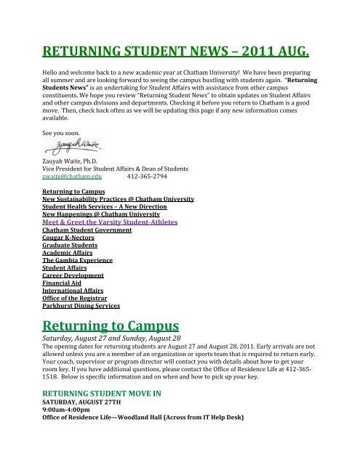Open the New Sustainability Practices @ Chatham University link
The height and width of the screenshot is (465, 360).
(x=116, y=198)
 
